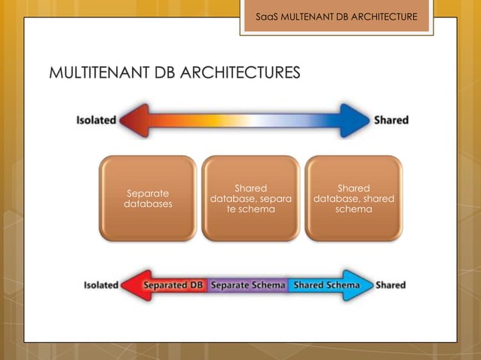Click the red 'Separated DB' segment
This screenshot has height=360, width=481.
coord(173,285)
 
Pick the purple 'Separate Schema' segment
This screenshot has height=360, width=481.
coord(248,285)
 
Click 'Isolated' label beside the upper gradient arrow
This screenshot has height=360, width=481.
coord(97,121)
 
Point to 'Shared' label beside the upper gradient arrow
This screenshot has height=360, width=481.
coord(391,121)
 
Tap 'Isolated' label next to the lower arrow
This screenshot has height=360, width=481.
coord(101,285)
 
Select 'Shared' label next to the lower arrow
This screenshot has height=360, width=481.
coord(391,285)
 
